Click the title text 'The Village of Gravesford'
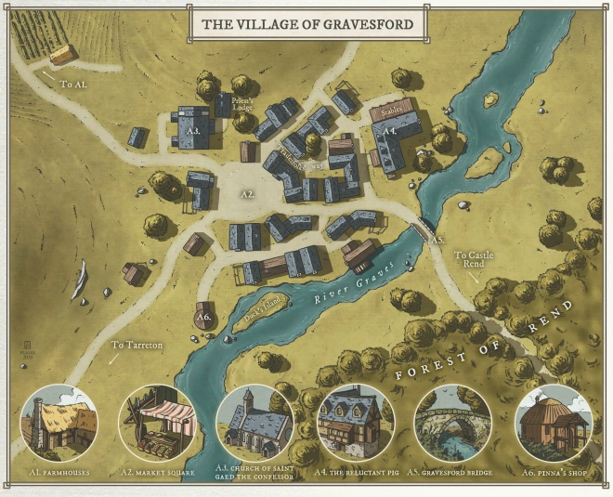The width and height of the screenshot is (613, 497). (x=307, y=24)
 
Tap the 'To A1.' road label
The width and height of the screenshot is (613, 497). (x=73, y=84)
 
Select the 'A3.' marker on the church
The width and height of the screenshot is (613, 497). (x=194, y=132)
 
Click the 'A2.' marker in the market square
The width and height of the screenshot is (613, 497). (x=247, y=194)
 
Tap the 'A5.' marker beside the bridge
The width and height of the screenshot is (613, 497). (x=437, y=239)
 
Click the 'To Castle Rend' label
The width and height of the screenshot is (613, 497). (x=473, y=259)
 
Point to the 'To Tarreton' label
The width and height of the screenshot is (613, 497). (x=137, y=345)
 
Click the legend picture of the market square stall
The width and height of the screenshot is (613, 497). (x=157, y=424)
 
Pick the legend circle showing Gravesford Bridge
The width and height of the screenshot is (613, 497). (x=452, y=423)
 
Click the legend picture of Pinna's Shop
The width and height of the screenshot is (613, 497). (x=551, y=423)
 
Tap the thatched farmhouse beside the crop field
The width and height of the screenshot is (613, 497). (x=63, y=54)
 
